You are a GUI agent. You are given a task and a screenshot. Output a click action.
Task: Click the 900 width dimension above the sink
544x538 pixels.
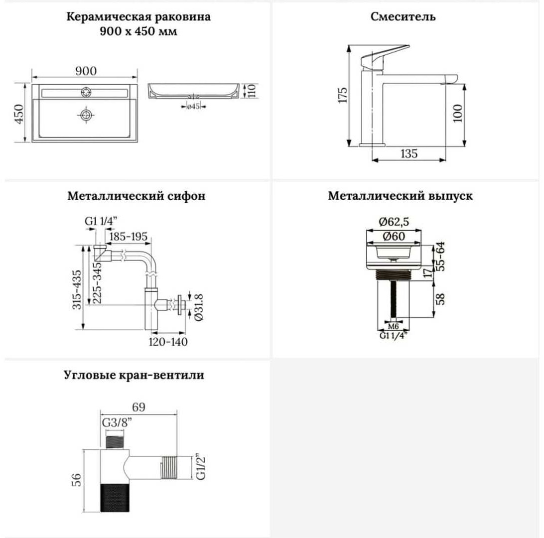pyautogui.click(x=86, y=71)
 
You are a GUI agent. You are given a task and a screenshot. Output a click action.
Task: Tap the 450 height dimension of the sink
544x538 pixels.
pyautogui.click(x=19, y=114)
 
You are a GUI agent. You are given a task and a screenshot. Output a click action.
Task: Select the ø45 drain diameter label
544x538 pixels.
pyautogui.click(x=193, y=106)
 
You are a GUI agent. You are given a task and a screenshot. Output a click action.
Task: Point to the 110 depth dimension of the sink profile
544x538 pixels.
pyautogui.click(x=252, y=91)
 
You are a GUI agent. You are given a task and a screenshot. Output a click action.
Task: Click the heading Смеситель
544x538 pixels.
pyautogui.click(x=403, y=16)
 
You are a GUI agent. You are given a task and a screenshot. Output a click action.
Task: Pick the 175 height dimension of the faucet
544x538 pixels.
pyautogui.click(x=342, y=95)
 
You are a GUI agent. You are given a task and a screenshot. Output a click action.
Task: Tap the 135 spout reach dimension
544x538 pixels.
pyautogui.click(x=408, y=153)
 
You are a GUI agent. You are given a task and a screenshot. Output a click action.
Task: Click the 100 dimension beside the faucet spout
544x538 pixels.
pyautogui.click(x=458, y=113)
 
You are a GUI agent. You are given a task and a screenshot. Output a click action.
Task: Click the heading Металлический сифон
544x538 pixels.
pyautogui.click(x=136, y=196)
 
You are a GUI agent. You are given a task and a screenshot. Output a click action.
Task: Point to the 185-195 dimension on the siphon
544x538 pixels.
pyautogui.click(x=129, y=237)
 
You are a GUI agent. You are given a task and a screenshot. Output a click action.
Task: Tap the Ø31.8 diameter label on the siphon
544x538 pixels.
pyautogui.click(x=199, y=307)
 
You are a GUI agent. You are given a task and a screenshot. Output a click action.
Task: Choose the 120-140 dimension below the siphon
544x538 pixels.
pyautogui.click(x=168, y=342)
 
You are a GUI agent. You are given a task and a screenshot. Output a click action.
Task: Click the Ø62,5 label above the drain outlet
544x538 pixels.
pyautogui.click(x=394, y=221)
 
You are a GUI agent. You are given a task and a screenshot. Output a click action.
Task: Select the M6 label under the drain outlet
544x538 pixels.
pyautogui.click(x=393, y=326)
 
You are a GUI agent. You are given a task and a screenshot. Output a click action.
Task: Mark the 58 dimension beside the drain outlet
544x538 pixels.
pyautogui.click(x=440, y=299)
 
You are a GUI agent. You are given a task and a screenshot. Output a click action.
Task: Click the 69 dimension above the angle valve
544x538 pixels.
pyautogui.click(x=139, y=407)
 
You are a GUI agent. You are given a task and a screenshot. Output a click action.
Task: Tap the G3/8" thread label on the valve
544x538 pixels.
pyautogui.click(x=117, y=423)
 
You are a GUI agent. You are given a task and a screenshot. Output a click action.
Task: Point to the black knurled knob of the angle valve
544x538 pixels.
pyautogui.click(x=115, y=498)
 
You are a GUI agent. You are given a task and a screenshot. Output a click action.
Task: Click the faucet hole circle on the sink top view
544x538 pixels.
pyautogui.click(x=86, y=92)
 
